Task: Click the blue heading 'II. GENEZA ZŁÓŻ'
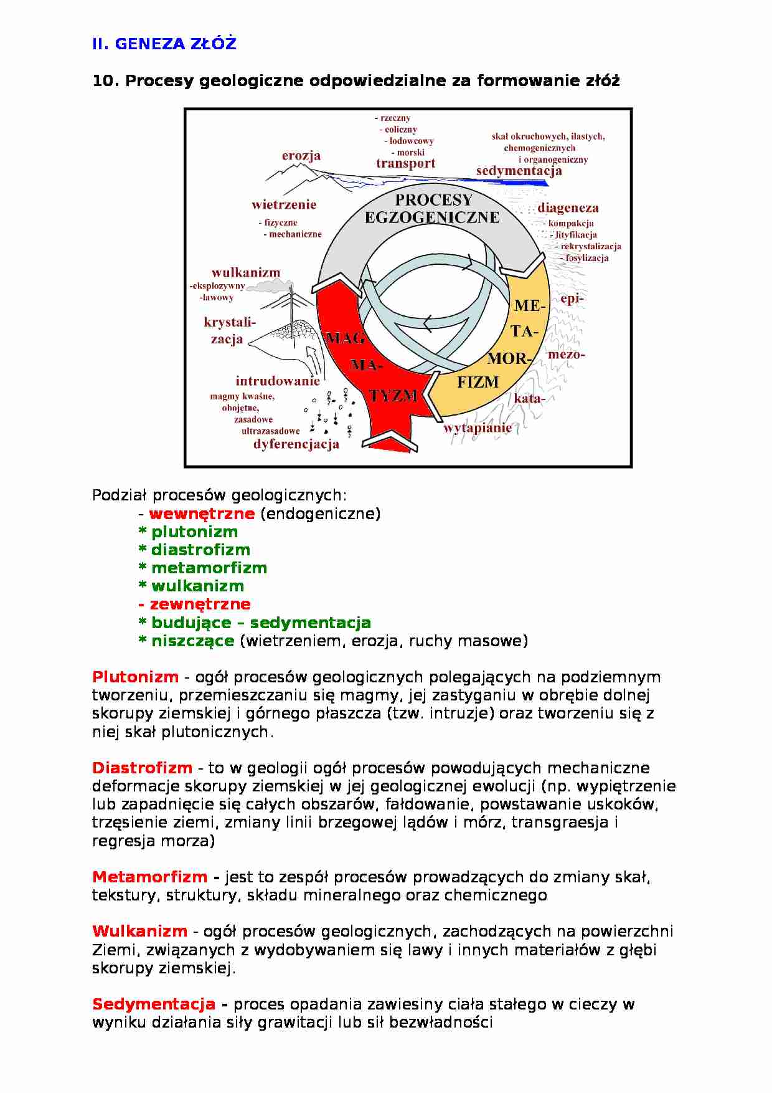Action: point(164,44)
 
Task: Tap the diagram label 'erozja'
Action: point(301,156)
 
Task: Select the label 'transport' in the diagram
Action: point(405,164)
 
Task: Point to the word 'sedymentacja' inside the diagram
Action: point(519,171)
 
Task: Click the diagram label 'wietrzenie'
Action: point(284,204)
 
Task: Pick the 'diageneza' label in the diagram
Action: point(568,208)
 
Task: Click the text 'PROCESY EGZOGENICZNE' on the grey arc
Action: point(432,209)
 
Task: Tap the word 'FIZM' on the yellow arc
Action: point(478,383)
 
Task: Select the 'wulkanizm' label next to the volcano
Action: point(246,272)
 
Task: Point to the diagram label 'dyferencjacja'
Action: point(296,444)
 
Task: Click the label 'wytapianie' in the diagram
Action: point(478,428)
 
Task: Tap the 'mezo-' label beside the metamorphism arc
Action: point(566,355)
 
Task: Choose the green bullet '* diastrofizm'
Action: point(194,550)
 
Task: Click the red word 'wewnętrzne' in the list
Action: point(202,513)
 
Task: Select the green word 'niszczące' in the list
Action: point(192,641)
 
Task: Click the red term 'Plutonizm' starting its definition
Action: point(135,677)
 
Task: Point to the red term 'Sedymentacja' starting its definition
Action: point(153,1004)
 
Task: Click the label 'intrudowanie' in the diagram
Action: point(277,381)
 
